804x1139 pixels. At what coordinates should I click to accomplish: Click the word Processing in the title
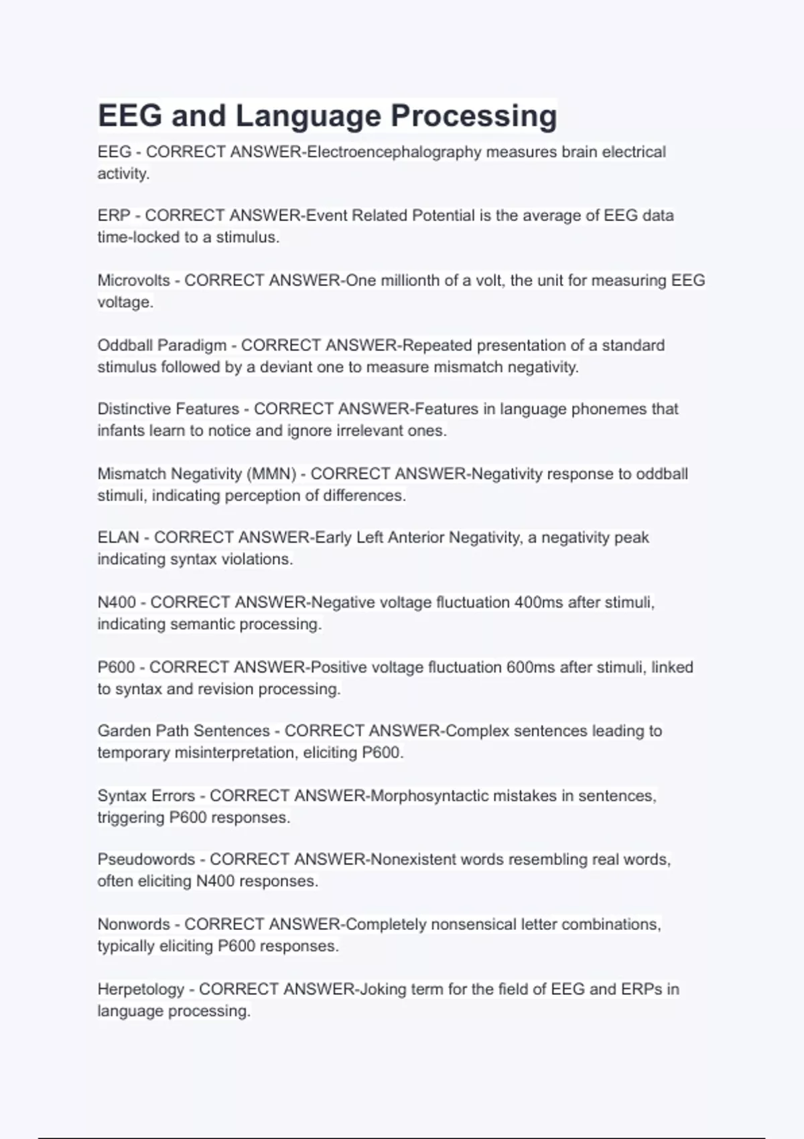click(474, 116)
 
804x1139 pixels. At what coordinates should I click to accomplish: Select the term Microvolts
click(133, 280)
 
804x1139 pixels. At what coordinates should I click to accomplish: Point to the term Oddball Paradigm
click(162, 346)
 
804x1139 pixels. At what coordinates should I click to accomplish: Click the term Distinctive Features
click(168, 409)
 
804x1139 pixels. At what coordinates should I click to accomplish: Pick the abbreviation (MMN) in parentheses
click(271, 474)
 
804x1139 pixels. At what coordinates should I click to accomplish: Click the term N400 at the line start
click(117, 602)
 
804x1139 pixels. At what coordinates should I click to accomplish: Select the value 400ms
click(539, 602)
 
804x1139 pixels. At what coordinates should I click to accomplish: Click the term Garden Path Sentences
click(184, 731)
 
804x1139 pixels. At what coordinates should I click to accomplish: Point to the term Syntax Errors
click(146, 796)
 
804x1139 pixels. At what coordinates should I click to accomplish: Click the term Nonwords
click(133, 925)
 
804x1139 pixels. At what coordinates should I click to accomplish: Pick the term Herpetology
click(141, 990)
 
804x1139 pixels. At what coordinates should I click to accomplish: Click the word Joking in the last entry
click(383, 990)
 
